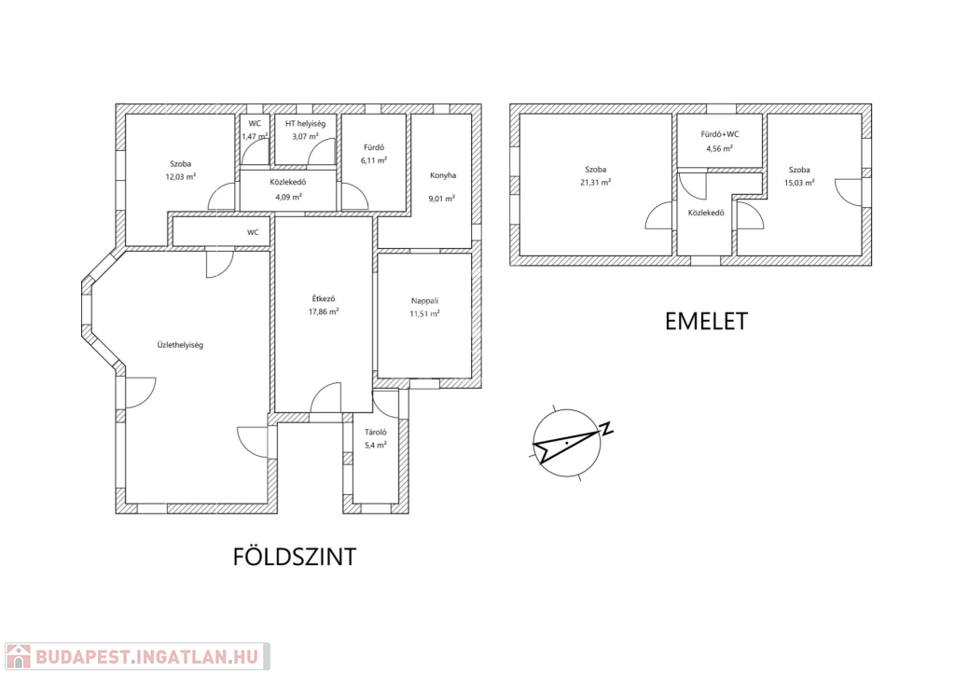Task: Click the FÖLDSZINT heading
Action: pos(294,557)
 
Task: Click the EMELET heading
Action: pos(706,322)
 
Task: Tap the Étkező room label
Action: pos(324,299)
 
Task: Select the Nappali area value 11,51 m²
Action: pos(424,314)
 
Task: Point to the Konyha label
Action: pos(443,175)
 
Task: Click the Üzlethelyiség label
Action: pos(180,345)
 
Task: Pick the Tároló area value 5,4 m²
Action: pos(375,445)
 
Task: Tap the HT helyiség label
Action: pos(305,124)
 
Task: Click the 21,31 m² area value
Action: pos(596,183)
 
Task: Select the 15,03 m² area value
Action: pos(799,183)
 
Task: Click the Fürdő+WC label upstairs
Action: pos(719,134)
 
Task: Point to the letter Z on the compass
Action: pos(606,429)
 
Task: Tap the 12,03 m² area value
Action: pos(180,177)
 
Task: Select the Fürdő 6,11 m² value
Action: pos(374,160)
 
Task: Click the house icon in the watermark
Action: pos(18,656)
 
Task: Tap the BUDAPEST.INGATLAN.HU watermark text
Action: pos(146,656)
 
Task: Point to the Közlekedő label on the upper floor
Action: pos(706,213)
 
